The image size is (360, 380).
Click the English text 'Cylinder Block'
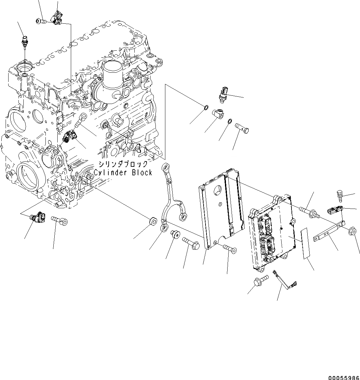click(123, 173)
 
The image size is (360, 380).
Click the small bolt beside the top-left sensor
click(40, 21)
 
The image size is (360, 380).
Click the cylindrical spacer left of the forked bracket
click(154, 222)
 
